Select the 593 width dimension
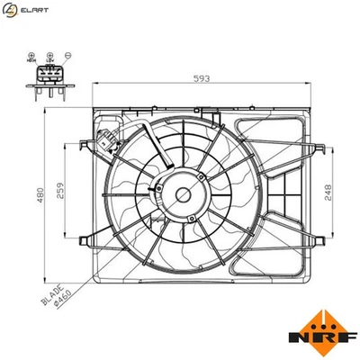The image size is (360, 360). [x=201, y=79]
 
